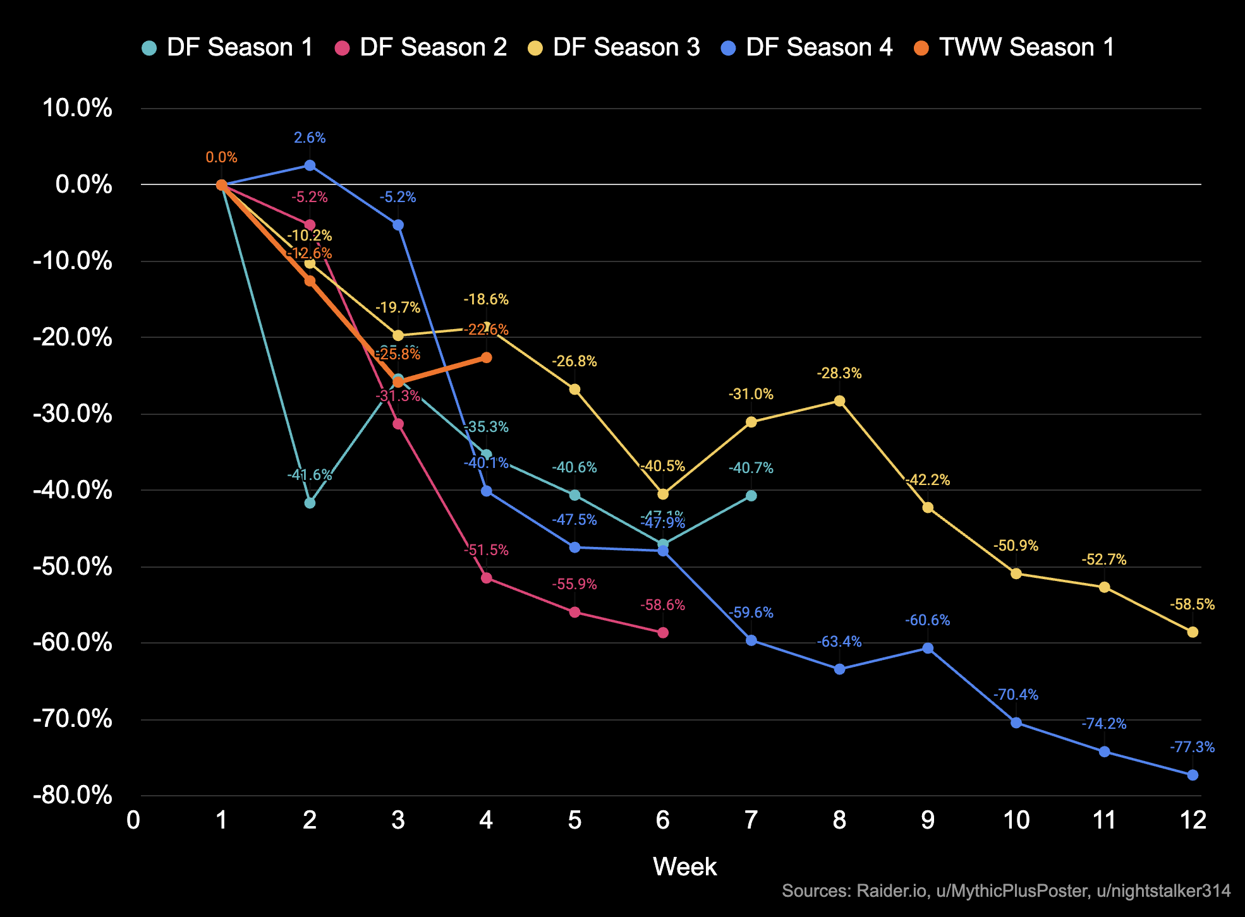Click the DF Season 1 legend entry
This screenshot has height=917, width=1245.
click(x=228, y=47)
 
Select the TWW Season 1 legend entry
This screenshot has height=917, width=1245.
click(x=1014, y=47)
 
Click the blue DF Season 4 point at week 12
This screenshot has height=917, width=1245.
click(x=1193, y=775)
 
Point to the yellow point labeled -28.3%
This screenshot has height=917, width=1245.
click(x=839, y=401)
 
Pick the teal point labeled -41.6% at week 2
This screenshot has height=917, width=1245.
click(x=310, y=503)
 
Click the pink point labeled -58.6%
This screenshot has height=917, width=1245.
click(x=663, y=633)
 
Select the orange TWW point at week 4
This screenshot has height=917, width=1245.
click(x=486, y=357)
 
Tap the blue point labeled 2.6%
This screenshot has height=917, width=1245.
click(x=310, y=165)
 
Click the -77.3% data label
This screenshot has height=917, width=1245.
click(x=1192, y=747)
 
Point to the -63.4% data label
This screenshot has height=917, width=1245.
click(x=839, y=642)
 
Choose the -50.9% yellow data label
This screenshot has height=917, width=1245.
click(x=1016, y=546)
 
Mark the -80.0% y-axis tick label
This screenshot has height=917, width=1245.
click(x=73, y=795)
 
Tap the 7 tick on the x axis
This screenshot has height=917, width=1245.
click(x=751, y=820)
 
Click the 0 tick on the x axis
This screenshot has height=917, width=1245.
click(x=133, y=820)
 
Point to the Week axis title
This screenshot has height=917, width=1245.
click(x=684, y=866)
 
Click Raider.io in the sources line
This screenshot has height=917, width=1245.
click(x=890, y=890)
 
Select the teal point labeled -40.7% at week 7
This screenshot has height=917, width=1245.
click(x=751, y=496)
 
